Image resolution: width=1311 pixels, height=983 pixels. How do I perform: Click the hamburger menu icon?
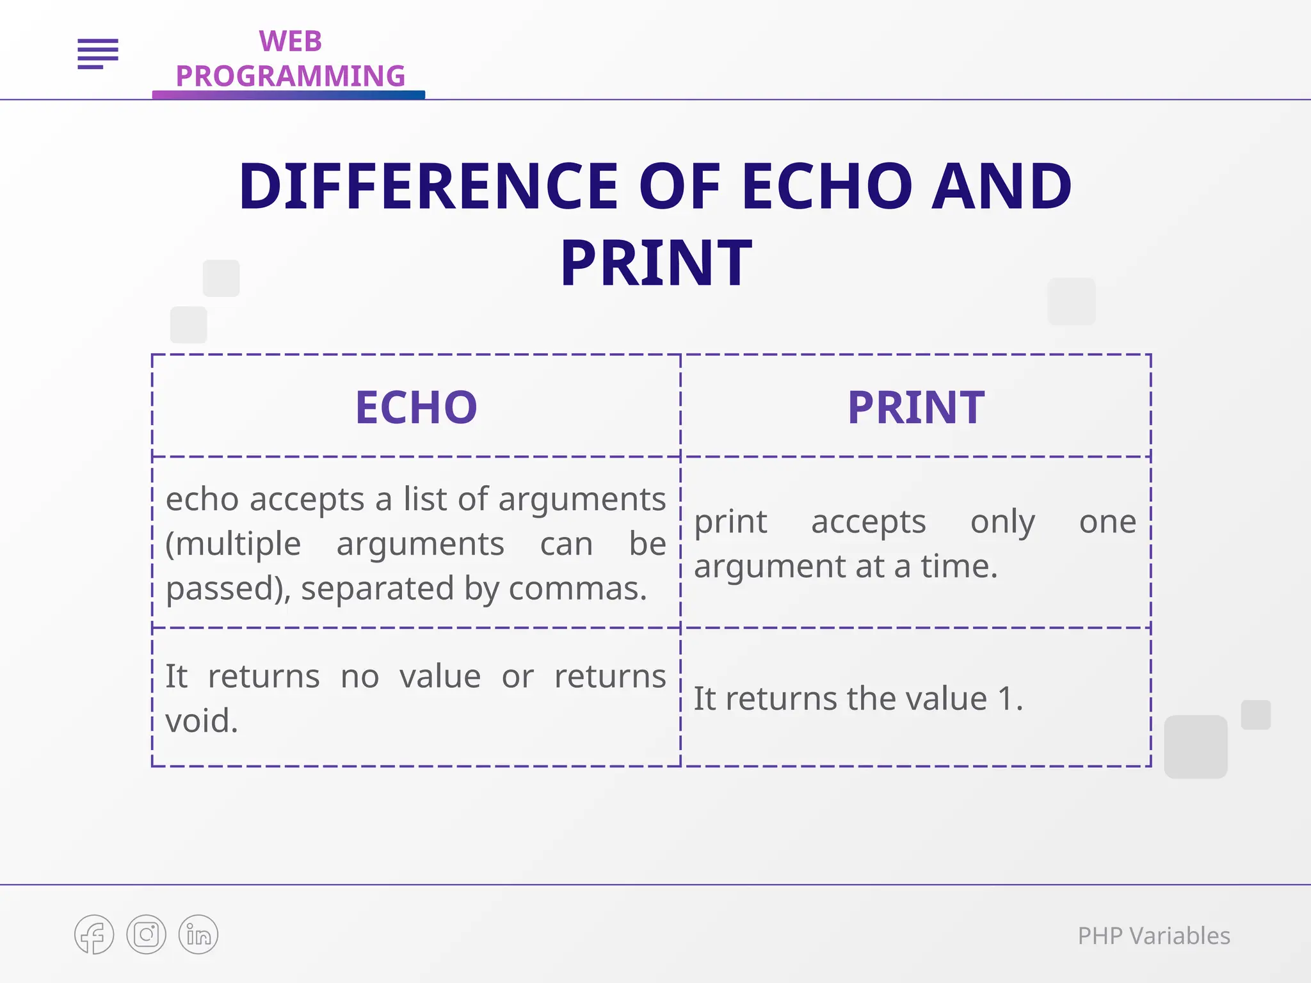click(x=98, y=53)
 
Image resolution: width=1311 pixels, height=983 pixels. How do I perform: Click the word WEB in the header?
click(x=290, y=42)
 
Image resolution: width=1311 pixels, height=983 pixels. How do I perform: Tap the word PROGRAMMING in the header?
click(x=290, y=76)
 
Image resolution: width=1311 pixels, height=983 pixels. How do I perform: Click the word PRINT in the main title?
click(x=655, y=263)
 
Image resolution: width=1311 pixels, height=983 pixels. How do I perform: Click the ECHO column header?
click(x=416, y=408)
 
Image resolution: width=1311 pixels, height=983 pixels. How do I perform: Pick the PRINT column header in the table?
click(x=916, y=408)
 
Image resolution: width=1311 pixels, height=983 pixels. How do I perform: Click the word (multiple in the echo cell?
click(x=233, y=544)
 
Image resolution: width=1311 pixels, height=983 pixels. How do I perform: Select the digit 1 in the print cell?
click(x=1006, y=698)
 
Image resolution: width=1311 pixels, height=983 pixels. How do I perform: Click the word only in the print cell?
click(x=1002, y=522)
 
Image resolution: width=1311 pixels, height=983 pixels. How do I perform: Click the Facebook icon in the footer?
click(x=94, y=935)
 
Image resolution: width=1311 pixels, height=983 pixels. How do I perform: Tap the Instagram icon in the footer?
click(x=147, y=935)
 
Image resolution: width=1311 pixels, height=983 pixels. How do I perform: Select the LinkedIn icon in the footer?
click(x=198, y=935)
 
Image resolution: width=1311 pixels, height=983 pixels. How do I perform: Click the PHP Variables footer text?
click(x=1154, y=936)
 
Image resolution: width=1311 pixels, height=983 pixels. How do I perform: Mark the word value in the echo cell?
click(x=440, y=676)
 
